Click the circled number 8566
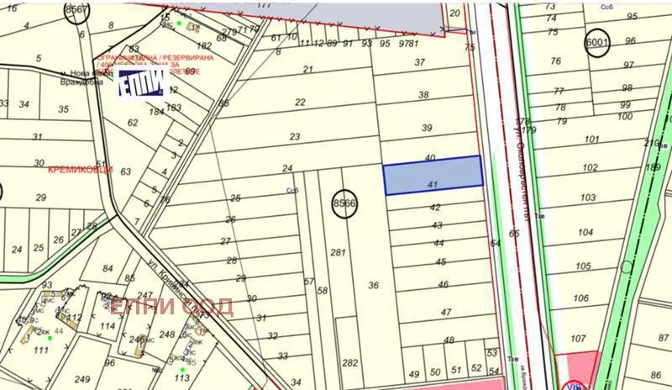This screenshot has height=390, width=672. click(344, 203)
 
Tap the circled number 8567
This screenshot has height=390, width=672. click(77, 9)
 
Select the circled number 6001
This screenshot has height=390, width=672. click(597, 43)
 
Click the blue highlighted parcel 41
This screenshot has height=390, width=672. click(433, 176)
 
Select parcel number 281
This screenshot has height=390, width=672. click(339, 252)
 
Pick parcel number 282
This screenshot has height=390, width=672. click(350, 362)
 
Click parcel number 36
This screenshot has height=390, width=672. click(374, 285)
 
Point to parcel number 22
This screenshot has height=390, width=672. click(300, 102)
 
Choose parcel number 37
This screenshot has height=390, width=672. click(420, 62)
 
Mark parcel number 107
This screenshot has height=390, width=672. click(577, 340)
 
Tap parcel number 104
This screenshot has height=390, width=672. click(585, 233)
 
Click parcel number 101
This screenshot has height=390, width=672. click(591, 140)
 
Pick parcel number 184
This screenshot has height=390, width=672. click(156, 111)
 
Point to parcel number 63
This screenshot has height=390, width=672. click(126, 171)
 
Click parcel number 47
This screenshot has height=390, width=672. click(444, 312)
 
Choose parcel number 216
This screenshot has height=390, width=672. click(652, 144)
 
